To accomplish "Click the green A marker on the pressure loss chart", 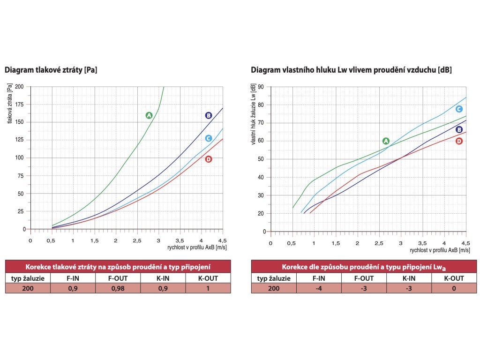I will [149, 115].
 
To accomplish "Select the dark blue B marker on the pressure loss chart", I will [209, 115].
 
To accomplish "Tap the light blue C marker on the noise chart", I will [459, 109].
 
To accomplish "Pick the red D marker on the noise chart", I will [459, 141].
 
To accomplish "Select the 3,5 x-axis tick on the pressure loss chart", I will [180, 240].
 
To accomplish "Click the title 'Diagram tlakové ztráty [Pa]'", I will [51, 70].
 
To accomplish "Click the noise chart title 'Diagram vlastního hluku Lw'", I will [351, 70].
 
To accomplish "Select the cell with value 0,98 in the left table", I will [118, 288].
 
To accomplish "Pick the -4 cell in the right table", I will [319, 288].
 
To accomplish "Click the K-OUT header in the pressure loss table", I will [208, 278].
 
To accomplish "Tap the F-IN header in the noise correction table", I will [319, 278].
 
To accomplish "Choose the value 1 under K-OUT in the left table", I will [208, 288].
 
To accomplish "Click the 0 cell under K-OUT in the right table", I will [454, 288].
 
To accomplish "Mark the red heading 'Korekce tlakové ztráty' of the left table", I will [118, 266].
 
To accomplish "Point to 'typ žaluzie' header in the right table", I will [274, 278].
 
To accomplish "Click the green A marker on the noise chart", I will [386, 141].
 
